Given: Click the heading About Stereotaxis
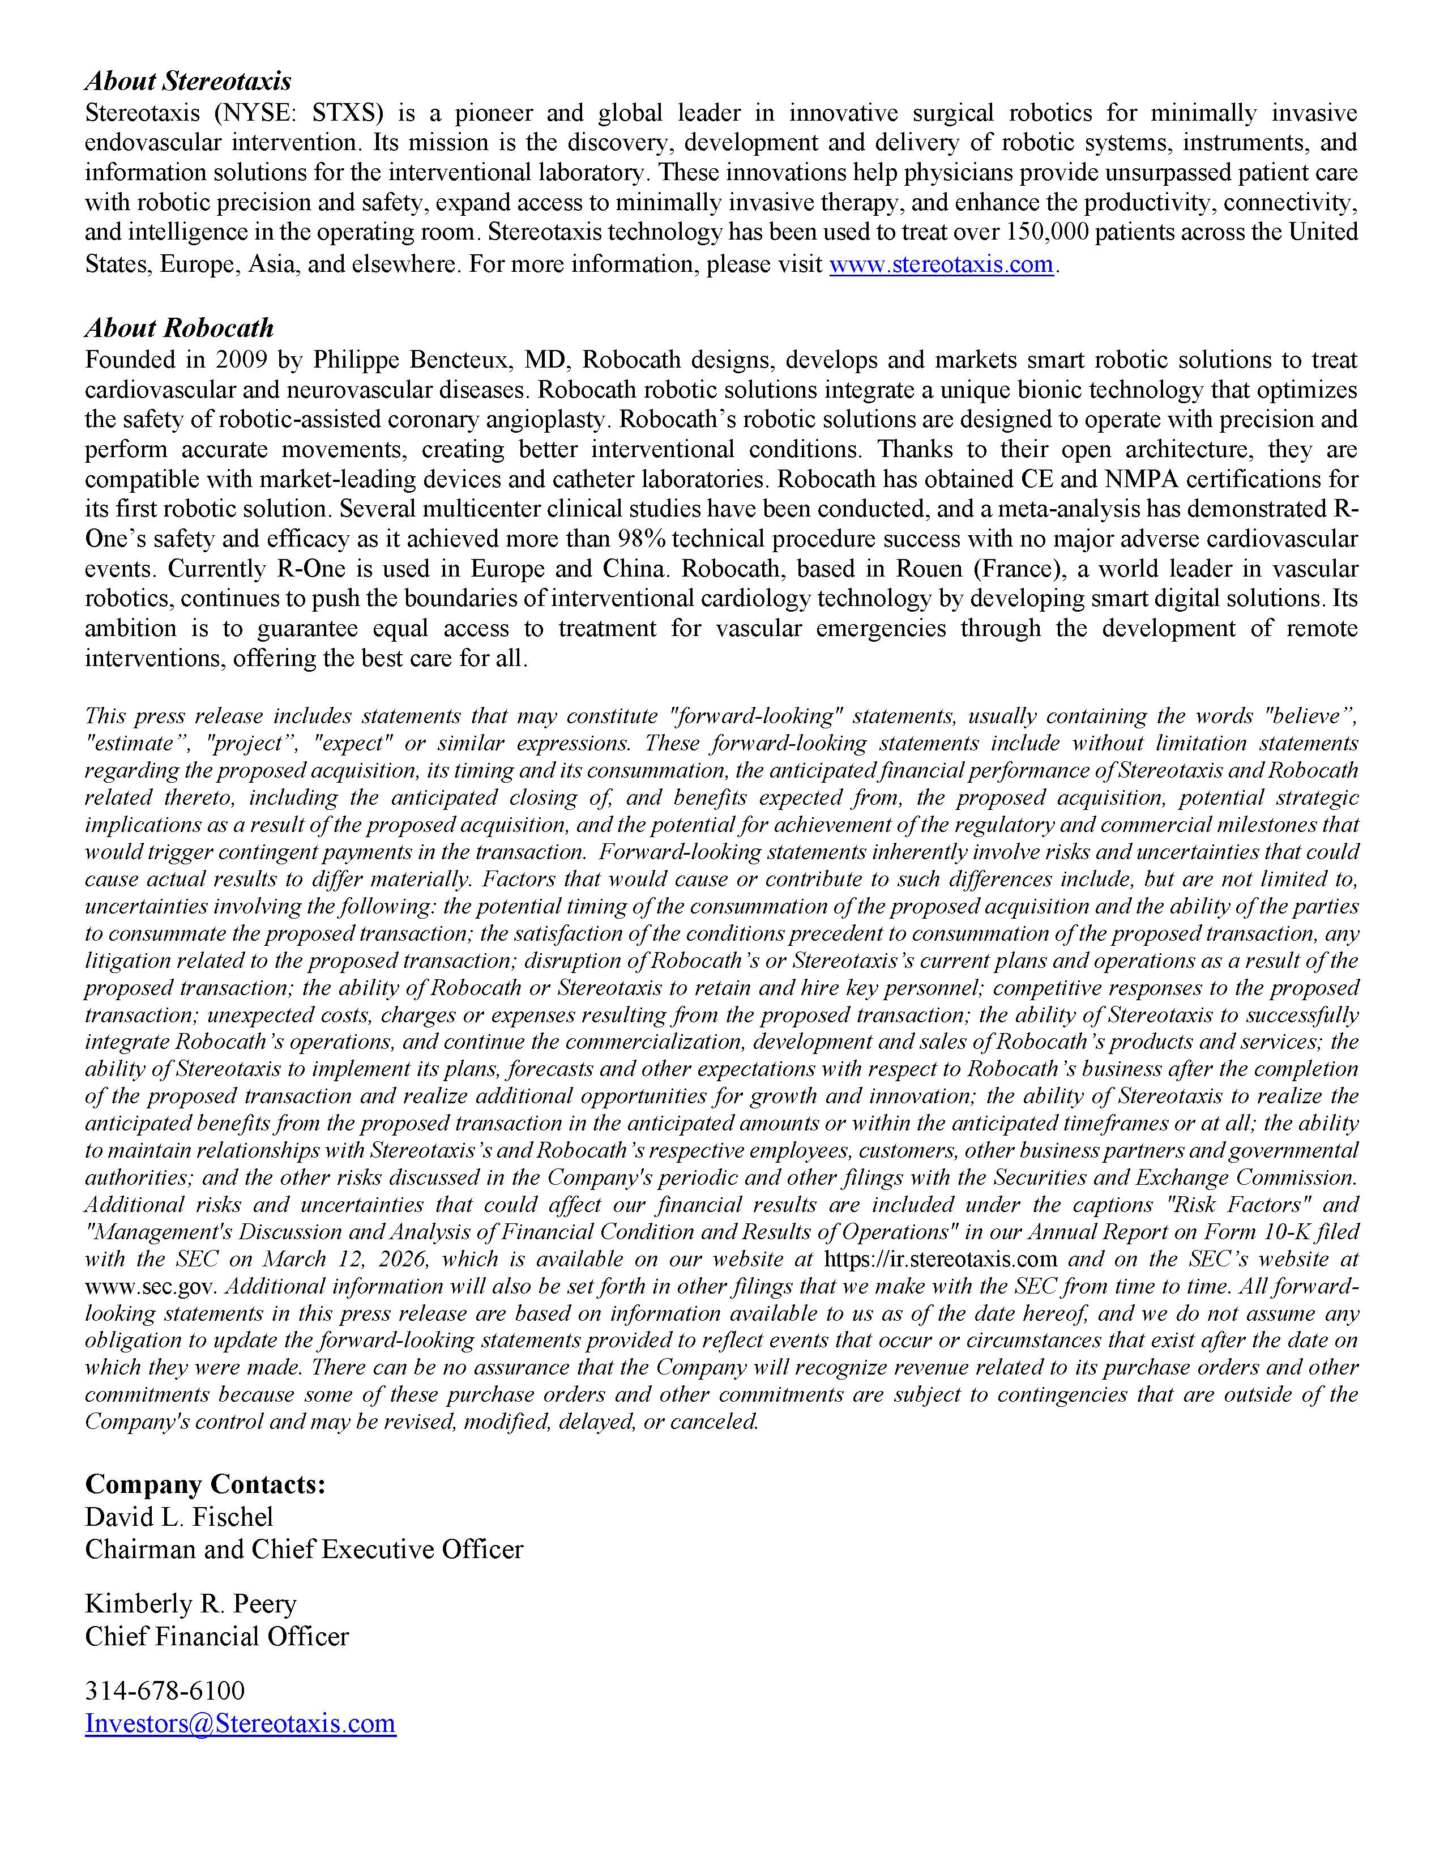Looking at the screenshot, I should [x=187, y=82].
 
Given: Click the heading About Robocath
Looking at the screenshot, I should [x=179, y=328].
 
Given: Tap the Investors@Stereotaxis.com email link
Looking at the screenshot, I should [x=240, y=1723].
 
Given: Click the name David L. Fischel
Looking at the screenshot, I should [x=179, y=1517].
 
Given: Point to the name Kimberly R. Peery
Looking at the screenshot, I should [x=190, y=1604].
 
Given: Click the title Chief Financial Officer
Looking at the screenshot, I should [x=216, y=1636].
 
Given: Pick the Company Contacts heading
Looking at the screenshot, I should [x=206, y=1484].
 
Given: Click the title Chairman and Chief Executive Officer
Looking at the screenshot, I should [x=304, y=1550].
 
